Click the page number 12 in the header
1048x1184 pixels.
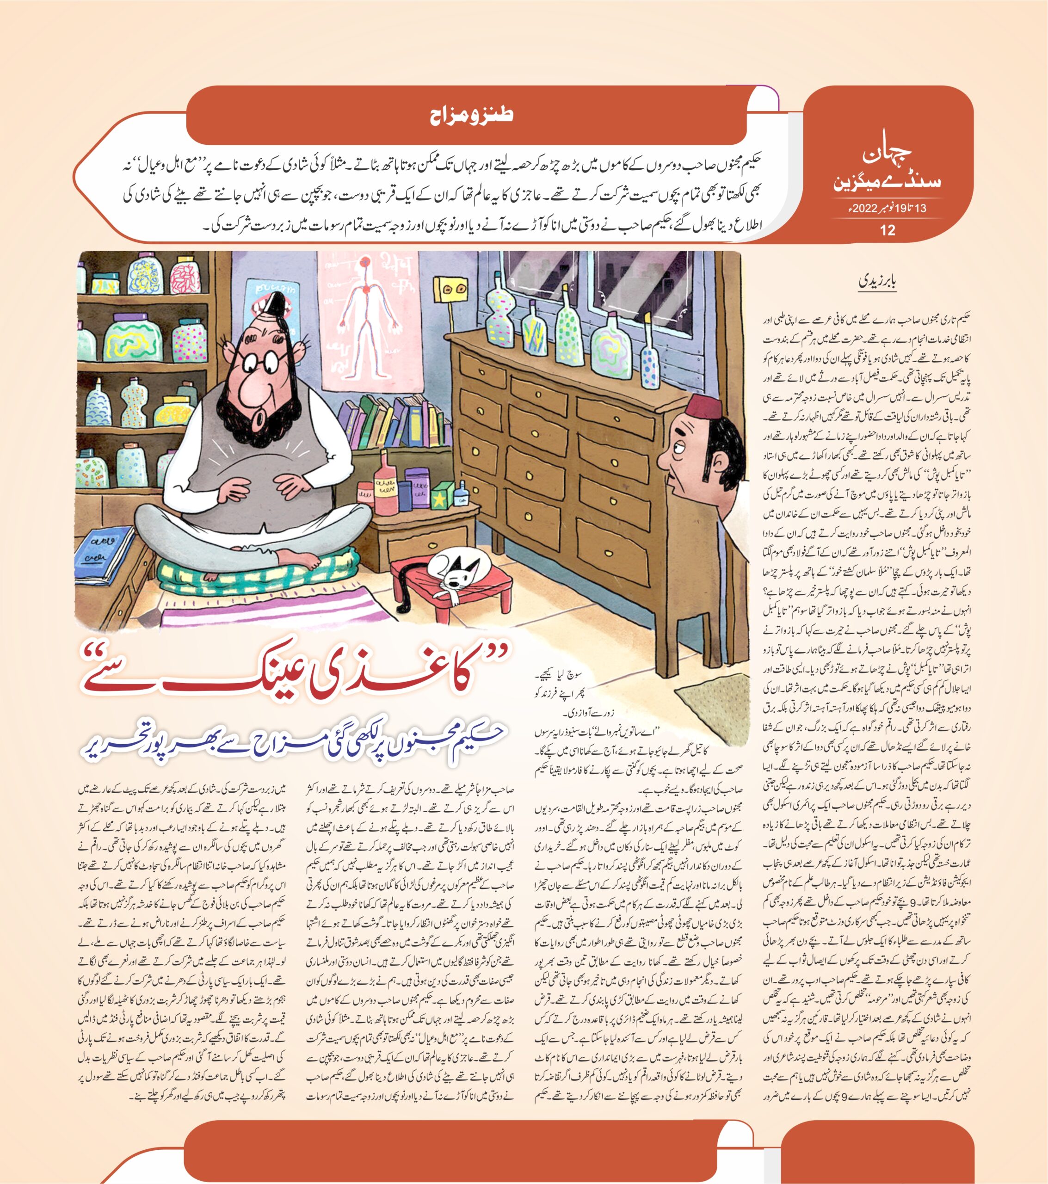pos(887,230)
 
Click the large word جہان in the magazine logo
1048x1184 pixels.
pos(887,154)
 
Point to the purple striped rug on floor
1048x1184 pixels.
pos(272,611)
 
